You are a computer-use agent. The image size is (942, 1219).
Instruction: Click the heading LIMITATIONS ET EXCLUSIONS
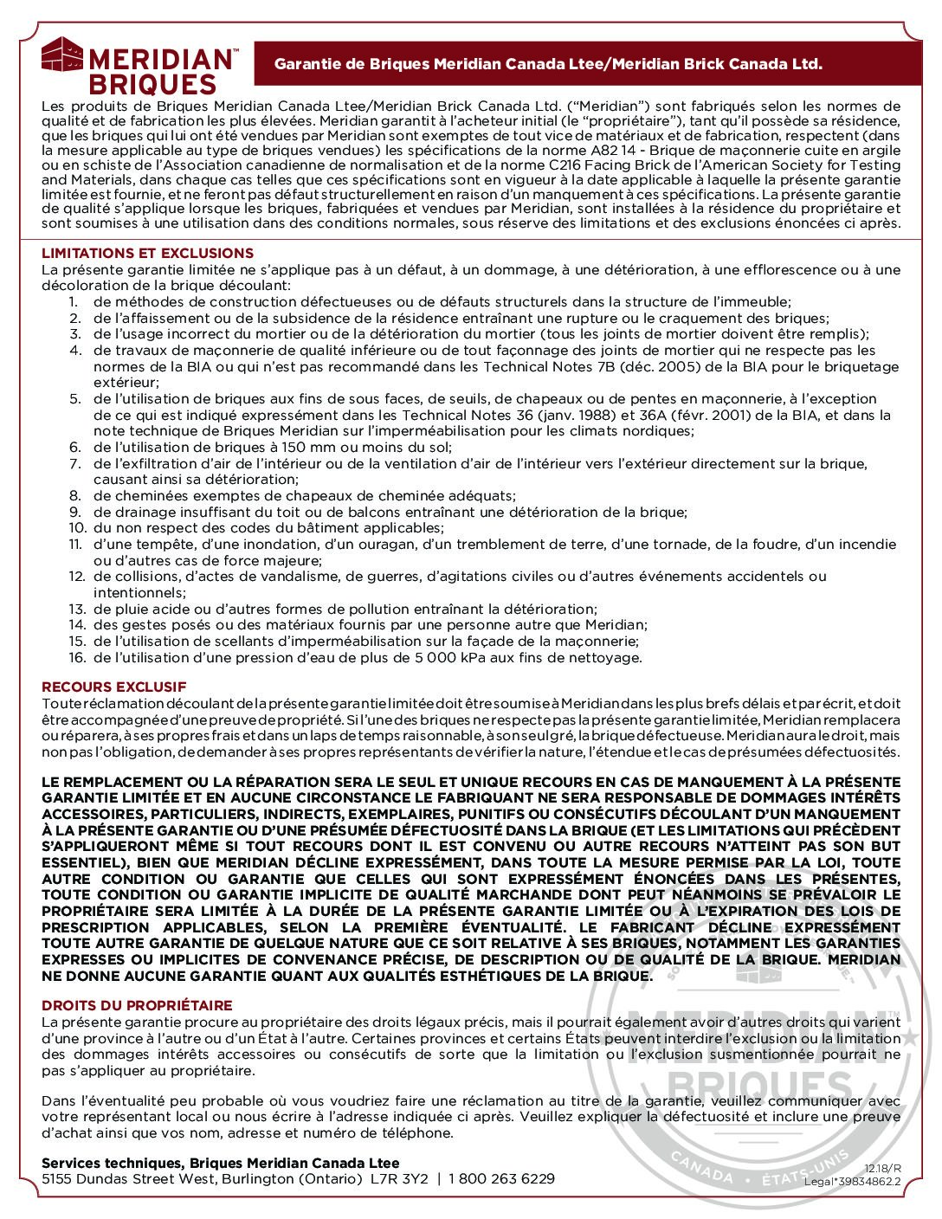pos(147,253)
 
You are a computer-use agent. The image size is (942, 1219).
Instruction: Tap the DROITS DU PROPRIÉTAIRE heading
pos(137,1005)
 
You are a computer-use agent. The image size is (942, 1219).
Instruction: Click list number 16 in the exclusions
pos(76,658)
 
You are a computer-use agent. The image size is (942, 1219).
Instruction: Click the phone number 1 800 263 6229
pos(504,1179)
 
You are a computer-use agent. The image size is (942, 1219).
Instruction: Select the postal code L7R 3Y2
pos(399,1179)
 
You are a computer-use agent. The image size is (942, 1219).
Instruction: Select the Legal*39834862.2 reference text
pos(852,1181)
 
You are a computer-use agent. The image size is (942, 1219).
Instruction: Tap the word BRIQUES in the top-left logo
pos(153,85)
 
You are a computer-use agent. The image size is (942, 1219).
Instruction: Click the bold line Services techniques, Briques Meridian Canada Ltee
pos(221,1164)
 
